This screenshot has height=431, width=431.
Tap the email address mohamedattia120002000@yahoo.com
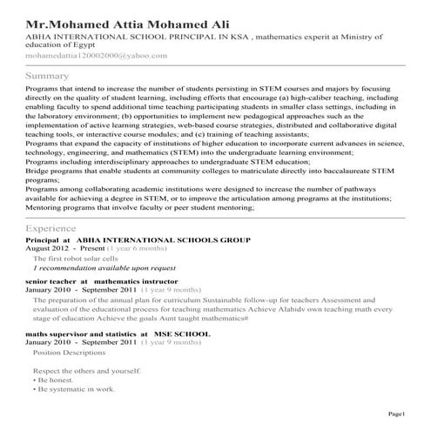coord(97,54)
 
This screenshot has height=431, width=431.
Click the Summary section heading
coord(48,77)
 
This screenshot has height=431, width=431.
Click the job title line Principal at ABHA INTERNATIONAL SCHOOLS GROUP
coord(138,239)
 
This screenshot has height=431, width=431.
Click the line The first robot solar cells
coord(76,259)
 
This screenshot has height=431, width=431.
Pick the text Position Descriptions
coord(70,354)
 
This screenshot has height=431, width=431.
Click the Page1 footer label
coord(397,413)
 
